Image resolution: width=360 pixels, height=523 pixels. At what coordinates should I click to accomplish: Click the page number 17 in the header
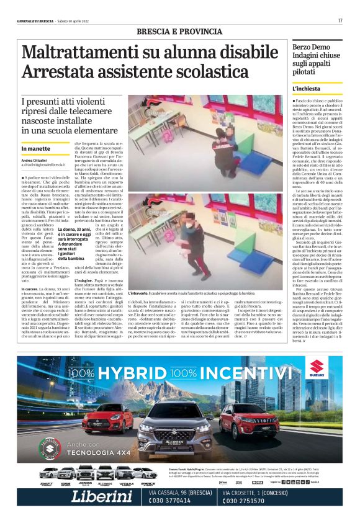(340, 20)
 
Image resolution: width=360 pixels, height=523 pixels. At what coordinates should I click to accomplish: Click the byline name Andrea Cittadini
(35, 161)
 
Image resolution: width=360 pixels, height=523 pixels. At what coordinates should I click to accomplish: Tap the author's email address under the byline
(43, 166)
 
